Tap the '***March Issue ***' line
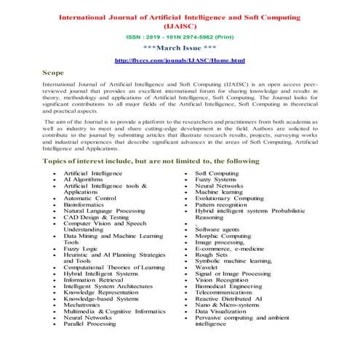tap(180, 47)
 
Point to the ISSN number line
tap(180, 35)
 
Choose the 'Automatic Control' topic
tap(89, 198)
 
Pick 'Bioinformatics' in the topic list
tap(84, 204)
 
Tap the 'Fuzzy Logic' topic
tap(81, 249)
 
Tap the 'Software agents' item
tap(220, 230)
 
